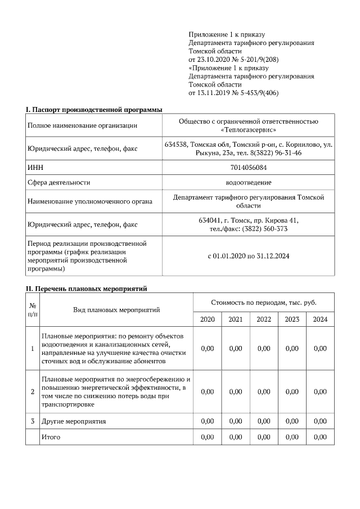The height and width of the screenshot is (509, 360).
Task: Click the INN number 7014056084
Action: (248, 168)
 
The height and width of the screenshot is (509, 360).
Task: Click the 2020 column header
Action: (207, 319)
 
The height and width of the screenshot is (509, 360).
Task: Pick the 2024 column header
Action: (320, 319)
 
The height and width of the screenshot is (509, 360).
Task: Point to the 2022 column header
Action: (263, 319)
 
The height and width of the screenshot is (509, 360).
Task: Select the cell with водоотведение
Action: (248, 183)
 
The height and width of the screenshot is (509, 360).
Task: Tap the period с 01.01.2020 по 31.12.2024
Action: (248, 256)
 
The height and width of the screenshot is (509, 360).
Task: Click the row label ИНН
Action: (35, 168)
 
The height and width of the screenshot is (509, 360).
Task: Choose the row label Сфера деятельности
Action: (59, 183)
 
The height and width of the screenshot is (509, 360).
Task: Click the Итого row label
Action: (51, 436)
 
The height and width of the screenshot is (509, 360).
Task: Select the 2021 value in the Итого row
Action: (235, 436)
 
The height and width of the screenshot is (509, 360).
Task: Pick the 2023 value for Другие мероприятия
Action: (292, 421)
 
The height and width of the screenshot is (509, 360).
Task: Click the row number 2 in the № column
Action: (32, 391)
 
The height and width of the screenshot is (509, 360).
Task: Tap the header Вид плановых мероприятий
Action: (116, 310)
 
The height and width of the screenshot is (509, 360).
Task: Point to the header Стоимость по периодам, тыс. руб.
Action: (263, 303)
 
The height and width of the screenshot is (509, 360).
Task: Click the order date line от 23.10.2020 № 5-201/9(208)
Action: (234, 59)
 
